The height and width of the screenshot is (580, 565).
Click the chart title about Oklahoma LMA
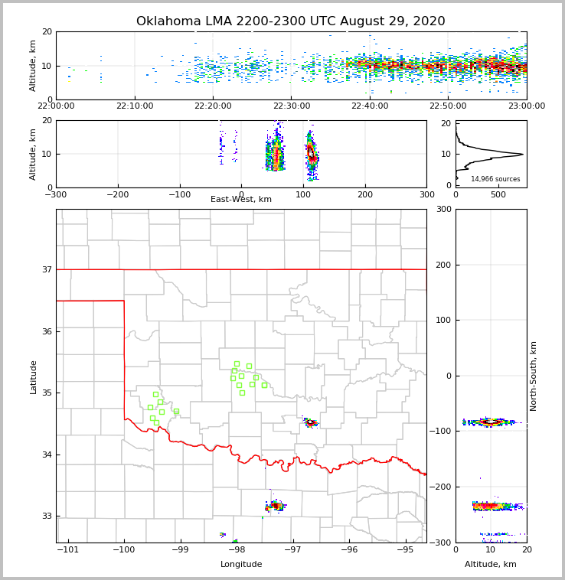[290, 21]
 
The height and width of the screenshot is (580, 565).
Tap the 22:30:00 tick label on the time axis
[292, 106]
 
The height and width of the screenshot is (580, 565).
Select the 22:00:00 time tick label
[56, 106]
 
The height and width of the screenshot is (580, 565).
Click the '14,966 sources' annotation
[495, 179]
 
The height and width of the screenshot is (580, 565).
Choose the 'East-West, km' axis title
[241, 200]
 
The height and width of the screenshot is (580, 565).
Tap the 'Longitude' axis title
[241, 565]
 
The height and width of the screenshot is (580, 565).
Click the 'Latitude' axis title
[34, 376]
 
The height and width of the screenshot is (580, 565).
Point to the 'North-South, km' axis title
[534, 376]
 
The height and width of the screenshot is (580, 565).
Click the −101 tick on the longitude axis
[67, 549]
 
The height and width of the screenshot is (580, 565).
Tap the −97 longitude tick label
[292, 549]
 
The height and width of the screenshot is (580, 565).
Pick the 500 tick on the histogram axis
[498, 194]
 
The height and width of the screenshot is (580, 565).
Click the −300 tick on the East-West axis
[56, 194]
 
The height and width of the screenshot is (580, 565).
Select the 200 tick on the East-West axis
[365, 194]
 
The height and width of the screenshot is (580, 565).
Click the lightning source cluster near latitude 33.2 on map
[276, 506]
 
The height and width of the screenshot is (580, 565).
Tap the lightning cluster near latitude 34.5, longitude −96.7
[310, 422]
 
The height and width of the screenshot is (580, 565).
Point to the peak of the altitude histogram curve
[522, 154]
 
